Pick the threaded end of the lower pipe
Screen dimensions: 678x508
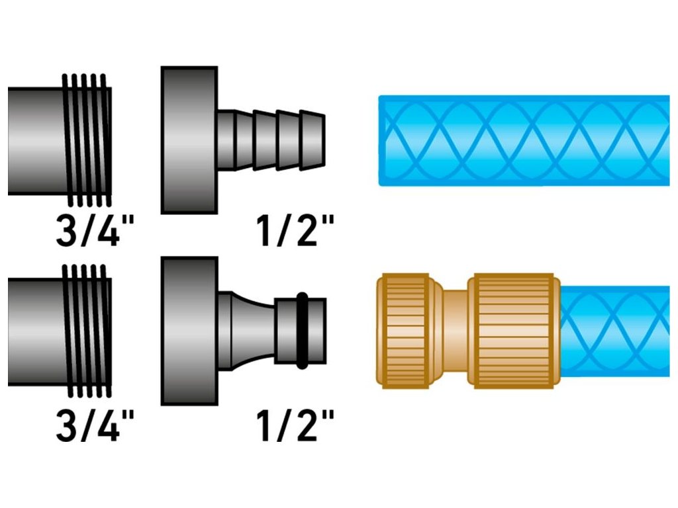[x=87, y=331]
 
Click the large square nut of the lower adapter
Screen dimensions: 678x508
[x=189, y=331]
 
